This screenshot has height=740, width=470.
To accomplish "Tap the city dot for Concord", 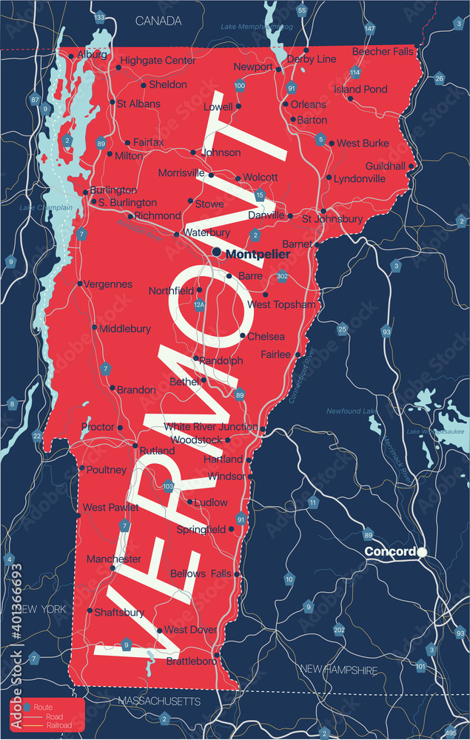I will [x=422, y=552].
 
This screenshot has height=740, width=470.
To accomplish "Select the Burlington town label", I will [x=113, y=190].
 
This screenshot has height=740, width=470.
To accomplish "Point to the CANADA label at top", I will [x=158, y=21].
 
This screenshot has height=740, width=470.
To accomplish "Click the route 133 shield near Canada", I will [x=99, y=17].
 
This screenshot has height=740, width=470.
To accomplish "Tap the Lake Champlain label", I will [x=46, y=208].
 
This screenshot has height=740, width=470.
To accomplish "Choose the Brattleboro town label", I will [x=191, y=660].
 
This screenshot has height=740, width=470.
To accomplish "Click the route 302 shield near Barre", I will [x=282, y=277].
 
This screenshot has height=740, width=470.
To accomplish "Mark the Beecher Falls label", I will [x=383, y=52].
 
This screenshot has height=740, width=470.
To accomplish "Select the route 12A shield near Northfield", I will [x=198, y=304].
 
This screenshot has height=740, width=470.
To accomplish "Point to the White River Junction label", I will [x=210, y=427].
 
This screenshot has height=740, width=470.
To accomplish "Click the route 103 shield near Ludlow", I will [x=169, y=486].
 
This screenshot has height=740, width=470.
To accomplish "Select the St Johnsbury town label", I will [x=332, y=219].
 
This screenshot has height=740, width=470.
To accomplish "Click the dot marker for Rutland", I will [x=135, y=446].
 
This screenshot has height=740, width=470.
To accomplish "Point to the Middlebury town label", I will [x=125, y=329].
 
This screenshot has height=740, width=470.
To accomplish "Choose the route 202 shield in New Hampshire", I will [x=339, y=630].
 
